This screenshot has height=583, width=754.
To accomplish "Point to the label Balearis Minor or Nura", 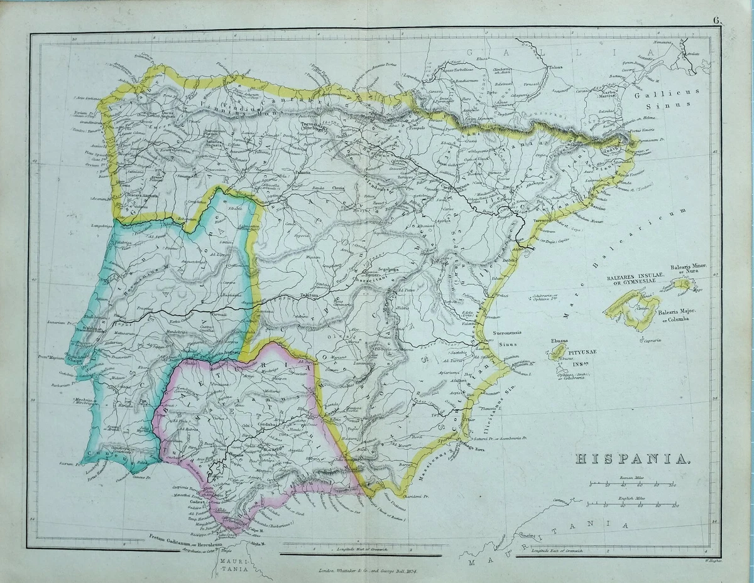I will pos(689,270).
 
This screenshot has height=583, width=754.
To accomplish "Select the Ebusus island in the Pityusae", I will pos(557,353).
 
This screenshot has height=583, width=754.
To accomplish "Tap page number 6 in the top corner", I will pos(716,19).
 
